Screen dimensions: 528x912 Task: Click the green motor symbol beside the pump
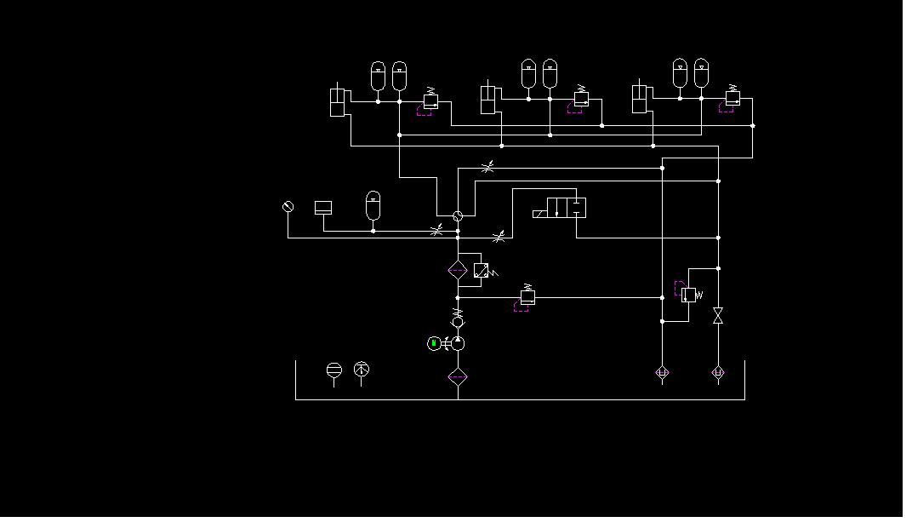(x=434, y=343)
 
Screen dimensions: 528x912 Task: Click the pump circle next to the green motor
(x=458, y=343)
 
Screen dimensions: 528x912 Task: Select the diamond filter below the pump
(x=458, y=376)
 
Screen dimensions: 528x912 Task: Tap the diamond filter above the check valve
(x=458, y=270)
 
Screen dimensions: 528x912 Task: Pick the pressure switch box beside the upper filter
(x=482, y=271)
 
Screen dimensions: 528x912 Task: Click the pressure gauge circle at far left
(x=288, y=207)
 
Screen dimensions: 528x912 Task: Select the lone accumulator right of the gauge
(x=373, y=204)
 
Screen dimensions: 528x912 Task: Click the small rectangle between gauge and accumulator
(x=323, y=207)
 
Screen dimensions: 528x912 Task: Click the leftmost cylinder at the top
(x=338, y=101)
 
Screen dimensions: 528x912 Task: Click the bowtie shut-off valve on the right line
(x=718, y=316)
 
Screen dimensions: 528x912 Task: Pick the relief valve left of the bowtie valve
(x=688, y=294)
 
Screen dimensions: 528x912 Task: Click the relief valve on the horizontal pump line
(x=527, y=296)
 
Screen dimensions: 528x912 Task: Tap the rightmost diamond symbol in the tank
(x=718, y=372)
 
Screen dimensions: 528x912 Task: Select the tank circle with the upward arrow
(x=362, y=370)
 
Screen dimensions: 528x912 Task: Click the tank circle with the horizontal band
(x=334, y=370)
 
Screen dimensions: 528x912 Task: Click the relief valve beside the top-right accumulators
(x=732, y=99)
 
